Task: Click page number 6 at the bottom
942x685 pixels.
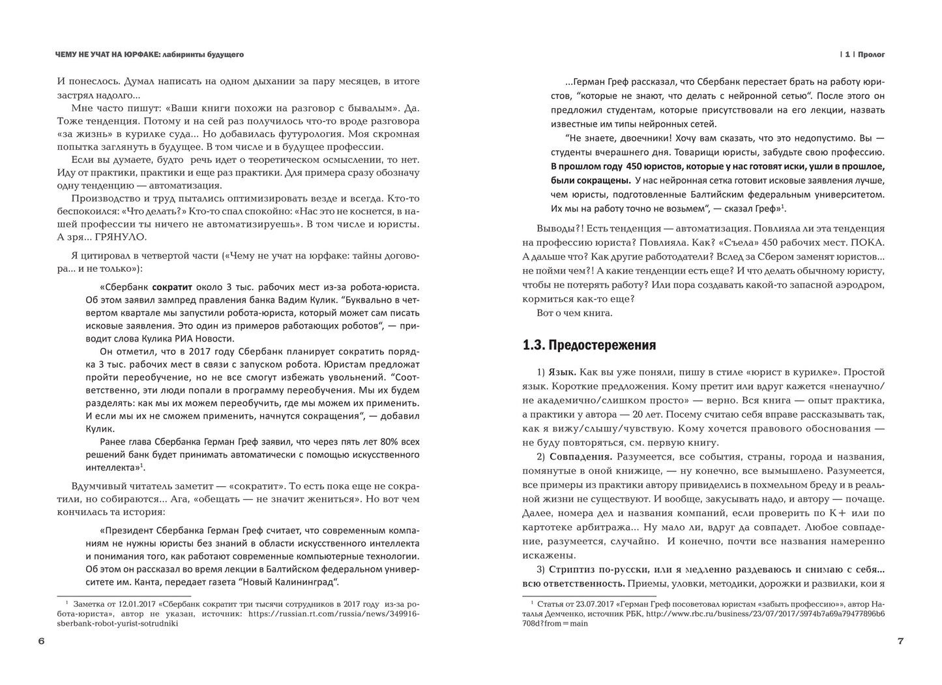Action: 41,641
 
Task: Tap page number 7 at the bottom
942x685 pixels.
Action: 900,641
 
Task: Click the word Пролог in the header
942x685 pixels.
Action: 872,55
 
